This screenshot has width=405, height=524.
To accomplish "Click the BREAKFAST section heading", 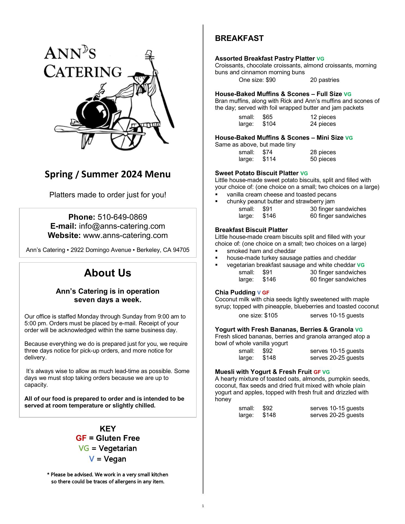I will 239,38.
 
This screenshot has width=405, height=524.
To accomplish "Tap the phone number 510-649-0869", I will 122,217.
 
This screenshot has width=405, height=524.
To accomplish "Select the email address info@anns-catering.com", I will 122,226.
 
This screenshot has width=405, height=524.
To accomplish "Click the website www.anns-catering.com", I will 125,235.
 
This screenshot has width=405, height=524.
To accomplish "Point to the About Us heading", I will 108,273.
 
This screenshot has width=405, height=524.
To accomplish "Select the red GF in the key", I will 81,438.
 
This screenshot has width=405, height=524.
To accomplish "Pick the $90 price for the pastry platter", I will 271,80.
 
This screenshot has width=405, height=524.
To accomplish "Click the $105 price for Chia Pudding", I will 271,315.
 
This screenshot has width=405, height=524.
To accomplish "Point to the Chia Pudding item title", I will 235,293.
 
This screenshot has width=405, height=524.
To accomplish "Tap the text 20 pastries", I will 324,80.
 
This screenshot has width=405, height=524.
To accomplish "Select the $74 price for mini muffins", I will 267,152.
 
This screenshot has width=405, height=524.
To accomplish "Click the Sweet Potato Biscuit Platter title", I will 257,173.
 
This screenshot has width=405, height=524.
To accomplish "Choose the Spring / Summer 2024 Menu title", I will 108,174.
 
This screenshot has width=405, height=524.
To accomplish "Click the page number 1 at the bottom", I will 203,506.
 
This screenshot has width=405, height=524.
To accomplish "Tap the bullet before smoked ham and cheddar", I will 217,251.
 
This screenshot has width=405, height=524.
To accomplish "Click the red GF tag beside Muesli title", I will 317,372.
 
